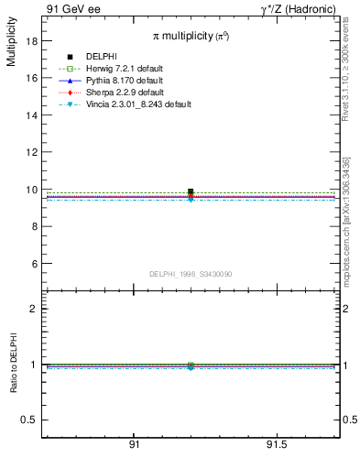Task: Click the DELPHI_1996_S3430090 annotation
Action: [x=191, y=274]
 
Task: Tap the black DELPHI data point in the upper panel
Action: [x=191, y=191]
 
